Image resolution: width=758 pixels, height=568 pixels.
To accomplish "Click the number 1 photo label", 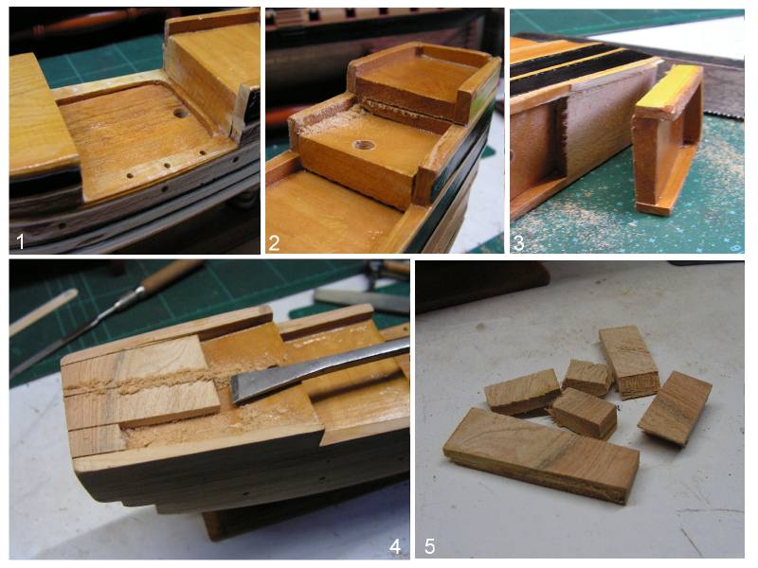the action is tap(20, 240).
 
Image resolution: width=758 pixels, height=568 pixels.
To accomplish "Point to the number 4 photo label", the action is tap(395, 546).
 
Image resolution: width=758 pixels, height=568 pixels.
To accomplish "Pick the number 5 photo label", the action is tap(429, 546).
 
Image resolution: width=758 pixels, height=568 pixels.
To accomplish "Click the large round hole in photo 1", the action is tap(181, 114).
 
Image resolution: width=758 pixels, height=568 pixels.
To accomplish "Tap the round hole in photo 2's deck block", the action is tap(365, 145).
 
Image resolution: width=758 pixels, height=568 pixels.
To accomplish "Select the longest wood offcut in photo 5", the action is tap(540, 455).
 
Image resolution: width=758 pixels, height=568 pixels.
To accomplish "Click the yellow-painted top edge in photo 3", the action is tap(669, 91).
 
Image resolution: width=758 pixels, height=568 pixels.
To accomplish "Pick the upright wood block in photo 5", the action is tap(628, 362).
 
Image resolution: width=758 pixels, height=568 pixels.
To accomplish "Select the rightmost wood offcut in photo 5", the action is tap(675, 408).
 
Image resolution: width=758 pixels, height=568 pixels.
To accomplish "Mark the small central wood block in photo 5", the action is tap(585, 412).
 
